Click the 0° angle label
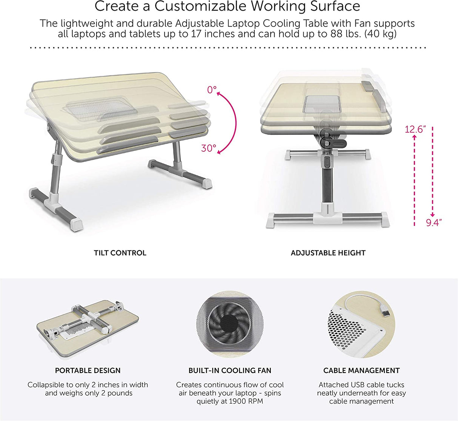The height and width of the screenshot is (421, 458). point(212,90)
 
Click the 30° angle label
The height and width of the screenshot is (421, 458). point(209,148)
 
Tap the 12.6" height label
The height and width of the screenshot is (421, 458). point(415,129)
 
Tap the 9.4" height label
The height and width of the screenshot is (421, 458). point(433,223)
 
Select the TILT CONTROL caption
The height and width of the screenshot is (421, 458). point(120,253)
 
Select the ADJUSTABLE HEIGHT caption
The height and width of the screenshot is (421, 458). point(328,253)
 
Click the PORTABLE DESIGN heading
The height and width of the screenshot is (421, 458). point(88,370)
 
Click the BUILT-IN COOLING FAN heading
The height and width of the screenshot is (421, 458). point(230,370)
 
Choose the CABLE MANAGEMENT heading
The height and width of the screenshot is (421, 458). point(361,370)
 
